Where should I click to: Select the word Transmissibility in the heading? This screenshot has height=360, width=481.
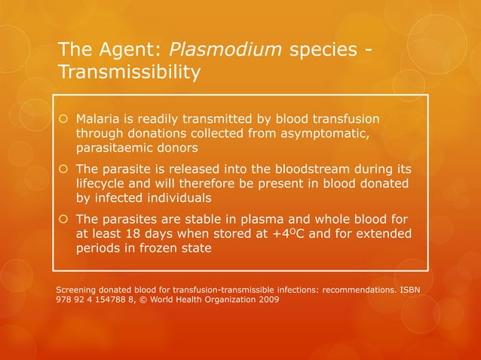point(129,73)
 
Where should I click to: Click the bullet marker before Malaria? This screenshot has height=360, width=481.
point(64,121)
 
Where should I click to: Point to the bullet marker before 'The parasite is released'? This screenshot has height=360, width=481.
point(64,169)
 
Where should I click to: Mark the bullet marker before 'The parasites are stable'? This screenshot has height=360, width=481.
point(64,219)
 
